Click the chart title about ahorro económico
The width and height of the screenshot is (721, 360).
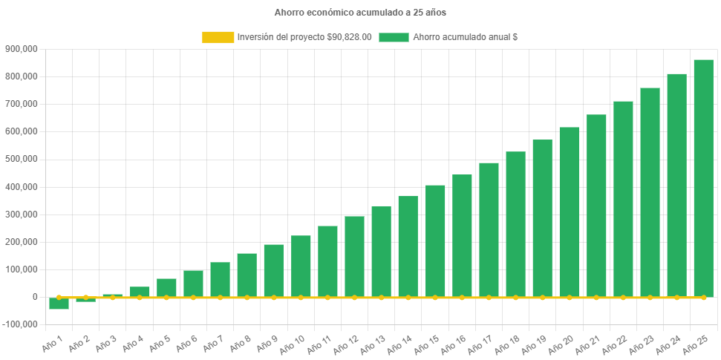pyautogui.click(x=360, y=13)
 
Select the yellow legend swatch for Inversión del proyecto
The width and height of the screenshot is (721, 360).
pyautogui.click(x=218, y=37)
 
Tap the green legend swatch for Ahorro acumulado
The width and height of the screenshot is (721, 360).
pyautogui.click(x=394, y=37)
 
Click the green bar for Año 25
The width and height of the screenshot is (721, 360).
pyautogui.click(x=703, y=178)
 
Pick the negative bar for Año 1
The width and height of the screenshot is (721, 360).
pyautogui.click(x=59, y=304)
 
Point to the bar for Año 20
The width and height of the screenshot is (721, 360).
pyautogui.click(x=569, y=212)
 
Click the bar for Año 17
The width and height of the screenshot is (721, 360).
pyautogui.click(x=489, y=229)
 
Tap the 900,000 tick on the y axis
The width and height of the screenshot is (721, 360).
pyautogui.click(x=22, y=49)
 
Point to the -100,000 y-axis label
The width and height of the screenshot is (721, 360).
pyautogui.click(x=20, y=324)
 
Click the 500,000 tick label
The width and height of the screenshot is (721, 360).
pyautogui.click(x=22, y=159)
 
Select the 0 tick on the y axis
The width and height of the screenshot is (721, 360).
pyautogui.click(x=35, y=297)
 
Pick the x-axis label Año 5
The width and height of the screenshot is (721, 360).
pyautogui.click(x=157, y=343)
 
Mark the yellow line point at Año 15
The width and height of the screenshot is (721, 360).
pyautogui.click(x=435, y=298)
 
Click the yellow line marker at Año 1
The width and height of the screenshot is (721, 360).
pyautogui.click(x=59, y=297)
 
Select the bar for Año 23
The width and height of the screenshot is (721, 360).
pyautogui.click(x=650, y=192)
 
